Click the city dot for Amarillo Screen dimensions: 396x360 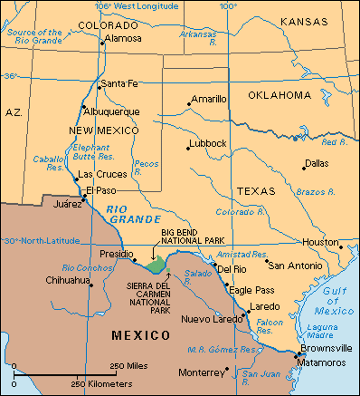click(x=189, y=104)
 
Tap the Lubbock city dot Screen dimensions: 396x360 click(x=188, y=148)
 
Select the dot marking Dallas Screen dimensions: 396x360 click(x=304, y=169)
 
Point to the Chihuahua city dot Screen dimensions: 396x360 click(x=91, y=285)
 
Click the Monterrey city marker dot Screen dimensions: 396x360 click(x=227, y=369)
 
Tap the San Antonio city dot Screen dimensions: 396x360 click(x=266, y=261)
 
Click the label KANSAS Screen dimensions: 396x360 click(x=304, y=22)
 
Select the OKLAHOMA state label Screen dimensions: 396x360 click(x=279, y=95)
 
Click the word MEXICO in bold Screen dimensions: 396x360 click(x=141, y=335)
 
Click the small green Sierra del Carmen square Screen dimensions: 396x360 click(x=168, y=270)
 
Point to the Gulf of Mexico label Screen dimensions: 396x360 click(x=334, y=301)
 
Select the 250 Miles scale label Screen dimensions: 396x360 click(x=129, y=366)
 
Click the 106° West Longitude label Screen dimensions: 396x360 click(x=136, y=6)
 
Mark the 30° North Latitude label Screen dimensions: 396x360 click(x=42, y=241)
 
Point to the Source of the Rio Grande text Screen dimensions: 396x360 click(x=35, y=36)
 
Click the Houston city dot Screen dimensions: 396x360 click(x=341, y=247)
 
